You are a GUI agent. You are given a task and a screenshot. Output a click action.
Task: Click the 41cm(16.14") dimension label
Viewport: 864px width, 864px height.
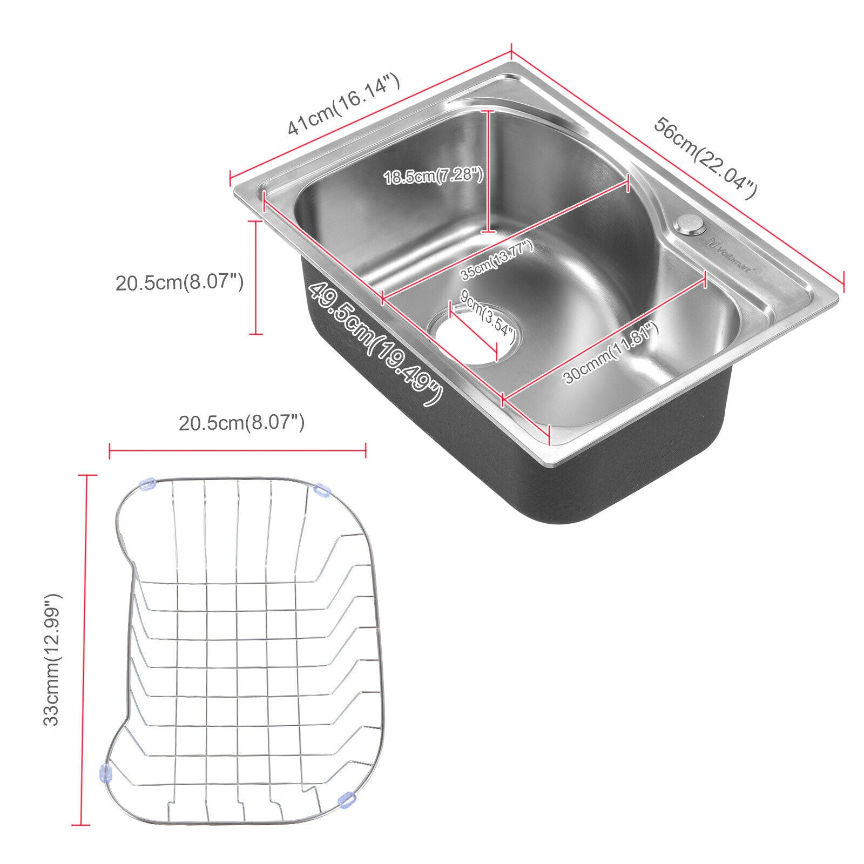344,105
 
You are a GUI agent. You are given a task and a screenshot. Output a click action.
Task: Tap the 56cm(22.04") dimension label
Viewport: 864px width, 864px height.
705,158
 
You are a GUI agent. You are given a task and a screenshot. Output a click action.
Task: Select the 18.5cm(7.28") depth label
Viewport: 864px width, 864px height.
433,177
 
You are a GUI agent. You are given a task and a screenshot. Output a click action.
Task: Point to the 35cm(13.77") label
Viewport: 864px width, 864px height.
497,260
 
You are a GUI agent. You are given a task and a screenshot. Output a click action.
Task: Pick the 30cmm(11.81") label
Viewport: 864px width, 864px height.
612,353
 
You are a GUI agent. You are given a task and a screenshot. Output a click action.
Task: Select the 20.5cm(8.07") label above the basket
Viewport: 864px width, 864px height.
242,422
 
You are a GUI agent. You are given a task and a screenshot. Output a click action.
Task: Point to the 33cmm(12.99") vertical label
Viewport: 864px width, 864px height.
53,659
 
